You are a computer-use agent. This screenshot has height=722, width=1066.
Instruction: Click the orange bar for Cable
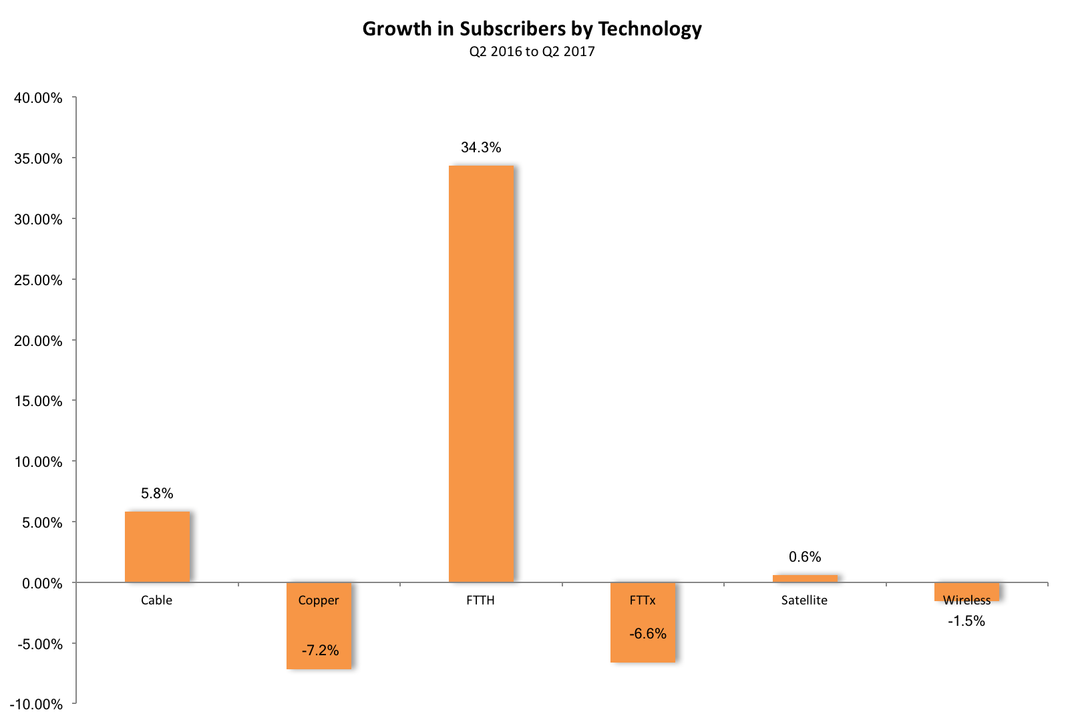click(x=157, y=546)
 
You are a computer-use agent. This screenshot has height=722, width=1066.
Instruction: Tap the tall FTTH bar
click(x=481, y=374)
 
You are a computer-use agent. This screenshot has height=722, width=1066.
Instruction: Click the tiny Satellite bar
click(x=805, y=578)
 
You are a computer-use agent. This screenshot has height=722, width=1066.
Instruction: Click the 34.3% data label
click(x=481, y=148)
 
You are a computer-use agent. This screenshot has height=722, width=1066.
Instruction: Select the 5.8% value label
click(x=157, y=494)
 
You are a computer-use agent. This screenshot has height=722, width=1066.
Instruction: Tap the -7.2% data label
click(x=320, y=651)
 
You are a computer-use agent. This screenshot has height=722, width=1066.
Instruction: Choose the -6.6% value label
click(x=648, y=634)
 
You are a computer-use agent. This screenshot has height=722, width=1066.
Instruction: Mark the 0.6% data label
click(x=805, y=557)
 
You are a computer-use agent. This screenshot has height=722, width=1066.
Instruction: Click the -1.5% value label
click(x=966, y=621)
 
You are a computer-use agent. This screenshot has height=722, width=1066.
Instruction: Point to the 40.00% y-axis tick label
click(x=39, y=98)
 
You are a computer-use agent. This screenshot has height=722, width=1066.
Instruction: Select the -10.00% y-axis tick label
click(x=36, y=705)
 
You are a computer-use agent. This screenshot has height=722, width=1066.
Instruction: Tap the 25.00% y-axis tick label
click(x=39, y=281)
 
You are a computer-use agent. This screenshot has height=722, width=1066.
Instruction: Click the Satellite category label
click(x=804, y=600)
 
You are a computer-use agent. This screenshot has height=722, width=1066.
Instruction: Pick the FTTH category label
click(x=480, y=600)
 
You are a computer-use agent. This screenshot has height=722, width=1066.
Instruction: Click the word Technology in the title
click(x=650, y=29)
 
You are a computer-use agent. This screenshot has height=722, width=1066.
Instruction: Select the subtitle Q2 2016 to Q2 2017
click(x=532, y=51)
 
